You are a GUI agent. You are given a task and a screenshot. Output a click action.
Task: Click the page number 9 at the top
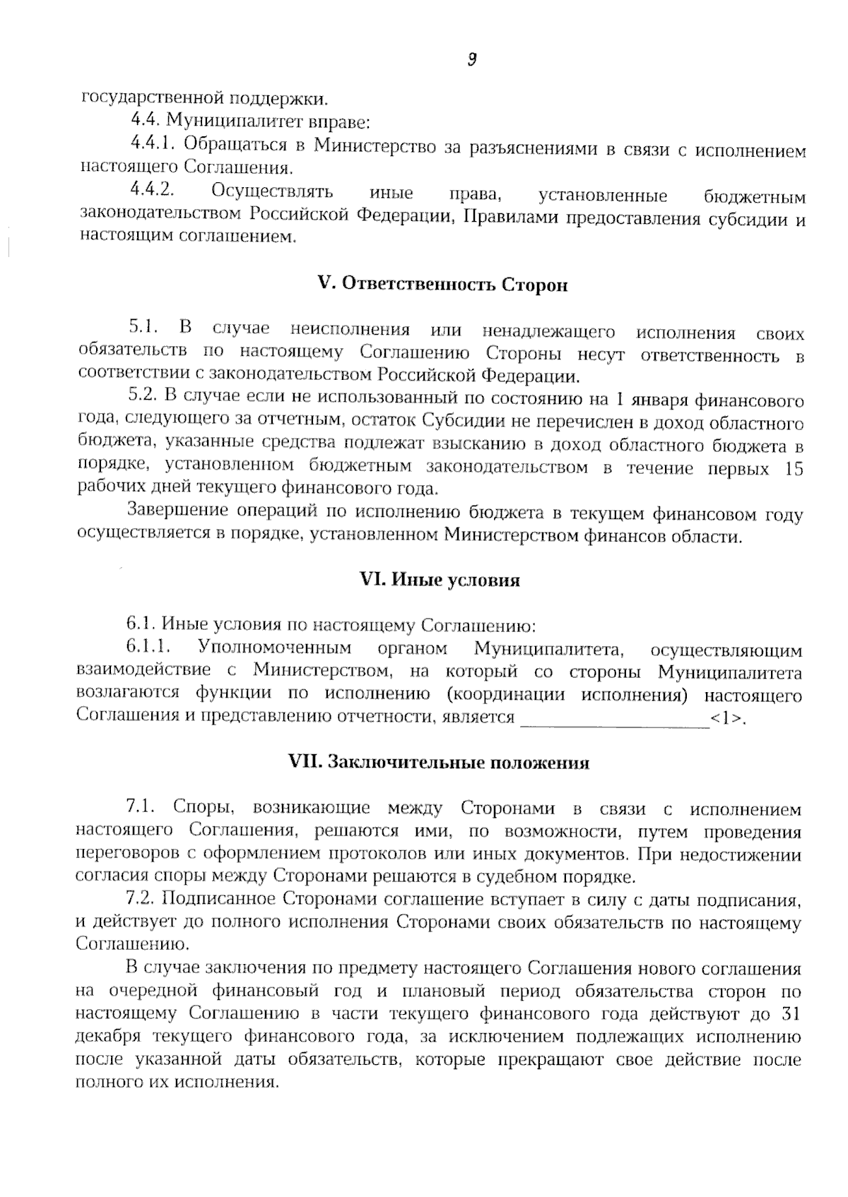pos(472,60)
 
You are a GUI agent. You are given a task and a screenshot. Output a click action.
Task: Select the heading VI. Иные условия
pos(440,580)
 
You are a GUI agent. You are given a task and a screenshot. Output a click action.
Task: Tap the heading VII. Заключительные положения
pos(439,763)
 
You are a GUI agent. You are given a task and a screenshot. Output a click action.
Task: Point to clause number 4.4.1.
pos(152,144)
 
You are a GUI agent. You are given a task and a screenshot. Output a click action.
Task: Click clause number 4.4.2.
pos(152,191)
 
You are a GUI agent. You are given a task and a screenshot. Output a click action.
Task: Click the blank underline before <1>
pos(614,720)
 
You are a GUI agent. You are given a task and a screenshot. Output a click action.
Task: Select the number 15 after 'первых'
pos(794,469)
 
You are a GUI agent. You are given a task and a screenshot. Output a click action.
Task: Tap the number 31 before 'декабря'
pos(792,1014)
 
